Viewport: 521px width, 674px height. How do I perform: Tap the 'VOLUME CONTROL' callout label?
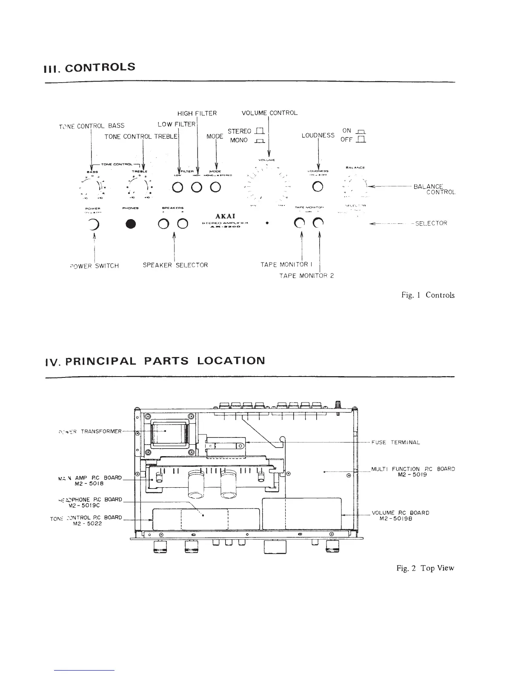tap(269, 113)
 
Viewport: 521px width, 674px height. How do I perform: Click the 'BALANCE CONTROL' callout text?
tap(434, 189)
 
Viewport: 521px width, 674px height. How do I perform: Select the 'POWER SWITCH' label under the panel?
tap(94, 266)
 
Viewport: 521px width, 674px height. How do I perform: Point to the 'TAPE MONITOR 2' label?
tap(306, 276)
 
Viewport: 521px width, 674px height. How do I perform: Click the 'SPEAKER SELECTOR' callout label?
tap(175, 265)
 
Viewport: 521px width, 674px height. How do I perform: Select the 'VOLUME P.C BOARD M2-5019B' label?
tap(400, 515)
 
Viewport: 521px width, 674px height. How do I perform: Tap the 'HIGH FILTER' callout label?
tap(197, 113)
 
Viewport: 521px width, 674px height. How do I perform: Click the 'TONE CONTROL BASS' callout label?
tap(92, 126)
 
